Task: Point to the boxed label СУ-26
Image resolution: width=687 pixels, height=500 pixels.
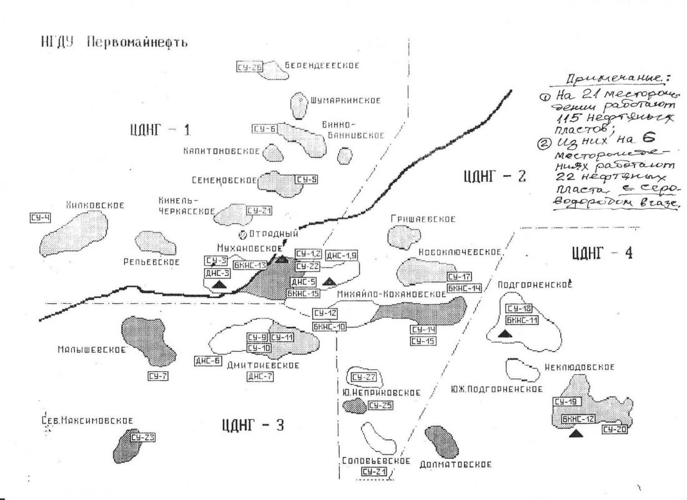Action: (x=249, y=66)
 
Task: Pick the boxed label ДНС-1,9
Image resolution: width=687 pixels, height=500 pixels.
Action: (x=342, y=254)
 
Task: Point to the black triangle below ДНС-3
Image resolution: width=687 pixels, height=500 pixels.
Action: (x=219, y=285)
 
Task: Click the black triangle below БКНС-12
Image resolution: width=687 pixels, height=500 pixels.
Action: (x=577, y=434)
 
